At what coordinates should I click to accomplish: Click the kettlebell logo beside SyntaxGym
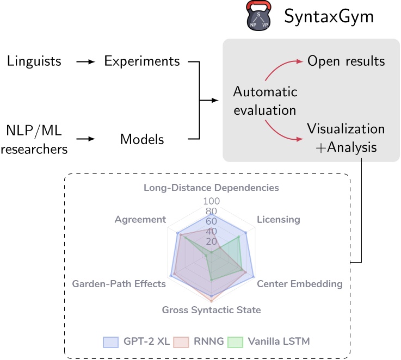point(258,16)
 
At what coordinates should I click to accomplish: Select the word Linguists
point(34,61)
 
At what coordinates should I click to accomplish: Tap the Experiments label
point(142,61)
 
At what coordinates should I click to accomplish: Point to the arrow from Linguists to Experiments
point(85,61)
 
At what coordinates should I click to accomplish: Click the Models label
point(142,139)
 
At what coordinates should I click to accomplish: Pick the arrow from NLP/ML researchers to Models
point(85,139)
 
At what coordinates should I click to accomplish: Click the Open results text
point(346,60)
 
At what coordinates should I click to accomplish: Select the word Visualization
point(346,129)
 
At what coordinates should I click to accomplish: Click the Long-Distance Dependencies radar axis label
point(211,188)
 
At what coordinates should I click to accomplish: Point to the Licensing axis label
point(278,220)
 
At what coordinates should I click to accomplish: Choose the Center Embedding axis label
point(300,284)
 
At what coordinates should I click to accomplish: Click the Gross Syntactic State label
point(211,310)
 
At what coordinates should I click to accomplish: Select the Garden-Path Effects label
point(119,284)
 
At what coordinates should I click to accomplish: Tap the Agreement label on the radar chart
point(140,220)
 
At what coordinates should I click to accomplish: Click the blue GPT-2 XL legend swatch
point(111,342)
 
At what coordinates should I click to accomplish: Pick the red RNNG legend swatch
point(181,342)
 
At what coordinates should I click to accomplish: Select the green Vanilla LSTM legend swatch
point(235,342)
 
